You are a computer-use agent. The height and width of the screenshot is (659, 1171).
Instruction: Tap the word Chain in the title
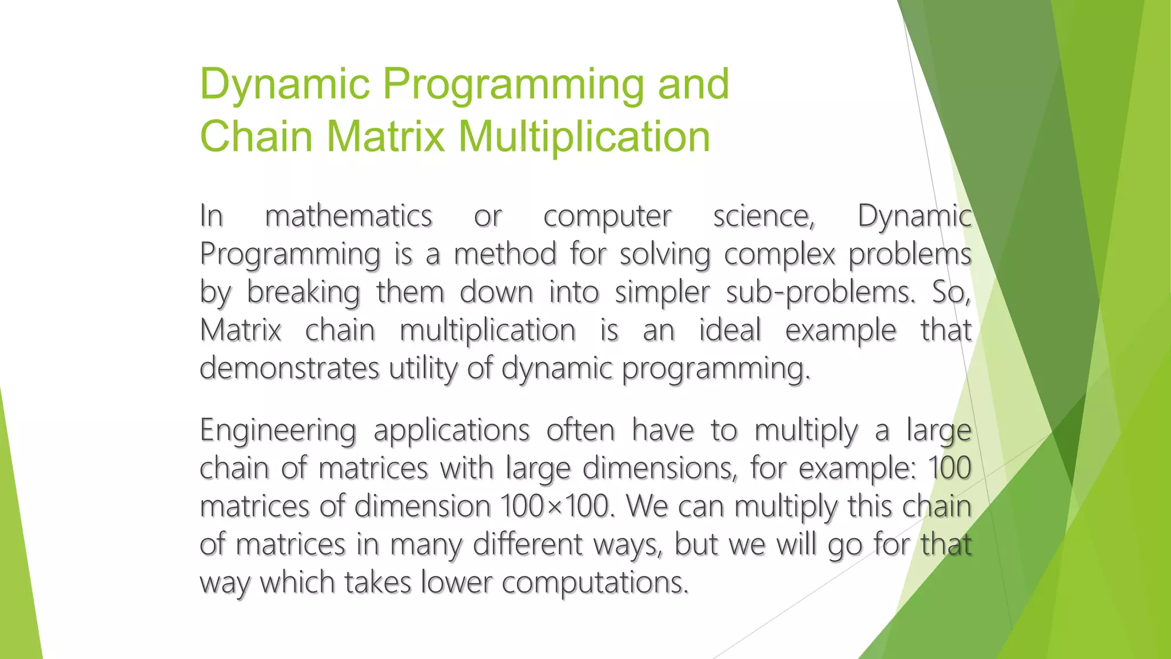[256, 137]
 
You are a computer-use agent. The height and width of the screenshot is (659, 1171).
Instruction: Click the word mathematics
[348, 216]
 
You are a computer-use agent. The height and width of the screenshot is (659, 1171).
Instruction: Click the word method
[505, 254]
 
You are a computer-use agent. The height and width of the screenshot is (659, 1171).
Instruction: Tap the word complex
[779, 255]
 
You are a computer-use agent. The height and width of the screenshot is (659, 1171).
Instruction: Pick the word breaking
[303, 293]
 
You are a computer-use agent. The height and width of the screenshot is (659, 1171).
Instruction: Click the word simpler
[662, 293]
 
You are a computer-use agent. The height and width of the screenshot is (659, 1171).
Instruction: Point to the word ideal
[730, 330]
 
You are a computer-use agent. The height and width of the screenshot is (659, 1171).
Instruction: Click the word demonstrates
[289, 368]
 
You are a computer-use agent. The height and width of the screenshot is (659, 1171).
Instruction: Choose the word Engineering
[278, 431]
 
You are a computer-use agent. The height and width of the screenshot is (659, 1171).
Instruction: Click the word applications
[452, 431]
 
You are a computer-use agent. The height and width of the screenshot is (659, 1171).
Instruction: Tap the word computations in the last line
[595, 583]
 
